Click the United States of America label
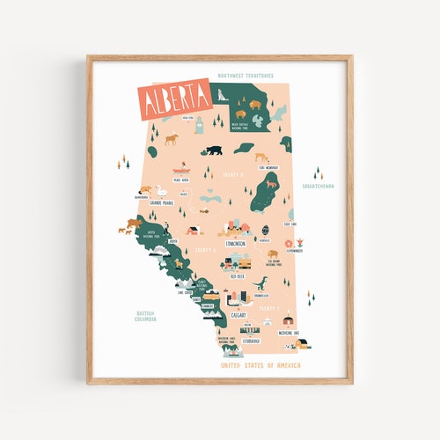[x=260, y=364]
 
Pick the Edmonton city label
[x=236, y=244]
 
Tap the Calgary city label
[x=238, y=314]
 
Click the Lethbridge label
[x=247, y=341]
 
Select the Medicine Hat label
[x=290, y=333]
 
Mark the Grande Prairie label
[x=162, y=202]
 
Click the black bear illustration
[x=214, y=150]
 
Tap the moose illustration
[x=172, y=138]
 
